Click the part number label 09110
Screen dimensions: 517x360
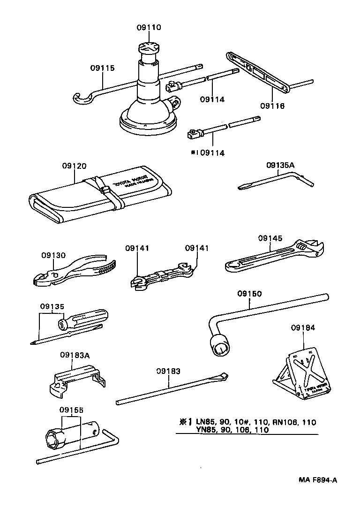tap(149, 28)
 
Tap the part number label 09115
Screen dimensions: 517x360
tap(102, 68)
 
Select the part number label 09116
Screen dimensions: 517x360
tap(272, 106)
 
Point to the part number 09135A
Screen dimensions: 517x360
tap(281, 165)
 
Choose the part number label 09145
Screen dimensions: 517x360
tap(270, 238)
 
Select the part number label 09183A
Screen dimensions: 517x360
tap(75, 355)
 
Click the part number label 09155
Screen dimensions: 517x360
tap(71, 409)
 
